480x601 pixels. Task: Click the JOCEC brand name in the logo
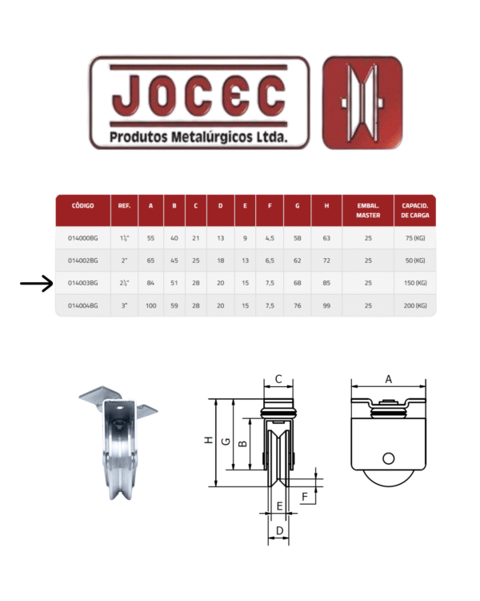198,95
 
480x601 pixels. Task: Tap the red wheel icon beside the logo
362,103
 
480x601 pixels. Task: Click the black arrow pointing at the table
36,284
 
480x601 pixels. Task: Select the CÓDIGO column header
82,206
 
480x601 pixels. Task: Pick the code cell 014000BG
82,238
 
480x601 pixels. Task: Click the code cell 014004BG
82,305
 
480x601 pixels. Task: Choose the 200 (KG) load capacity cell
415,305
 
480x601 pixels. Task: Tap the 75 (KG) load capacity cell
415,238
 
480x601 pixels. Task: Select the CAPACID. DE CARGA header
415,211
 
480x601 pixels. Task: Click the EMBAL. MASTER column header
368,211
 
